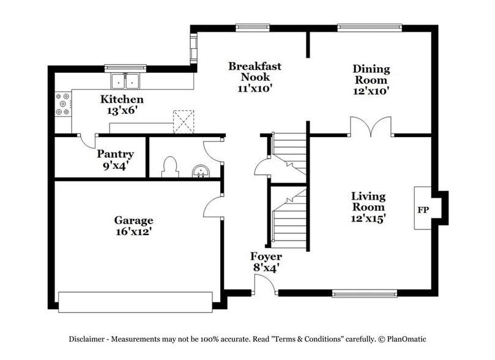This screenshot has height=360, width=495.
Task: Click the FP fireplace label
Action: click(x=423, y=210)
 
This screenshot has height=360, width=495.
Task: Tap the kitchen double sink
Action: click(x=126, y=81)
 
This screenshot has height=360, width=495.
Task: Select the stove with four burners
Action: click(x=62, y=103)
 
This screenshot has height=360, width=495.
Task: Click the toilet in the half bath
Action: click(x=169, y=167)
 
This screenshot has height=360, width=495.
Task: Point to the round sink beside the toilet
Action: click(x=200, y=171)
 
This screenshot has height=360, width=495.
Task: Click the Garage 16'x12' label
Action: click(x=133, y=226)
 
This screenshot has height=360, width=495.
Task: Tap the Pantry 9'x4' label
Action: click(x=115, y=160)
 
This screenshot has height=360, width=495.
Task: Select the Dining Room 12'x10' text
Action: click(x=370, y=80)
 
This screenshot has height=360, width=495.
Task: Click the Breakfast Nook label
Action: click(x=255, y=77)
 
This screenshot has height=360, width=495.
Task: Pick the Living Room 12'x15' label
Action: click(x=368, y=206)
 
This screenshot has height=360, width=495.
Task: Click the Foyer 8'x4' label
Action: click(x=266, y=261)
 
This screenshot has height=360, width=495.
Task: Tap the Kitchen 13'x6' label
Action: click(x=122, y=105)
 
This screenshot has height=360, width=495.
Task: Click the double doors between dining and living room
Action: click(x=371, y=127)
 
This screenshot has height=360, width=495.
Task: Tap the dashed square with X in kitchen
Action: click(x=184, y=121)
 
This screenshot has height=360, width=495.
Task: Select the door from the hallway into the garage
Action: click(x=213, y=206)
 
